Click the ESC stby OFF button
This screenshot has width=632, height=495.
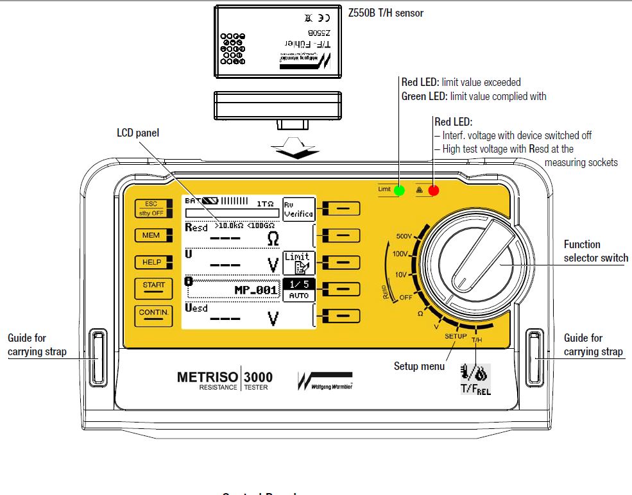(x=153, y=208)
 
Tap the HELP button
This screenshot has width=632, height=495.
(x=153, y=262)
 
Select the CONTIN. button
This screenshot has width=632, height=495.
(x=153, y=314)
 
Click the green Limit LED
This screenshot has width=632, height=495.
(x=400, y=190)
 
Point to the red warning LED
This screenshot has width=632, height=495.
(x=434, y=190)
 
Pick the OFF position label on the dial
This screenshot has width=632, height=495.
(x=406, y=298)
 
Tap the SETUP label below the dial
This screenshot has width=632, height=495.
(x=456, y=336)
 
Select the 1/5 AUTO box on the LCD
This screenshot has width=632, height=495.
(x=298, y=290)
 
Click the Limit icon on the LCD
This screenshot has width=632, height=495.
(x=298, y=262)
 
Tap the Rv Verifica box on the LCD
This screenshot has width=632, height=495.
(x=298, y=208)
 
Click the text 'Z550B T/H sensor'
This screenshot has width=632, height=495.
(x=385, y=13)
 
